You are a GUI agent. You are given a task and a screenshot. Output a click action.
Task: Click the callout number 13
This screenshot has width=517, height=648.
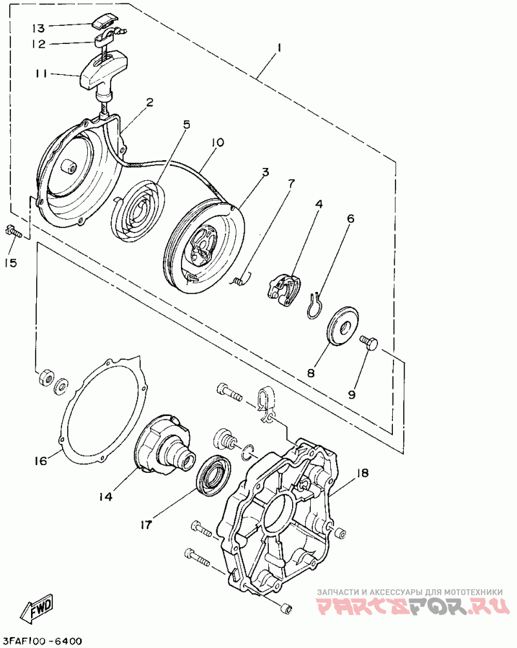click(x=39, y=28)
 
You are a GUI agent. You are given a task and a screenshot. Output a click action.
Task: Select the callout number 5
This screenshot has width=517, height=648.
click(x=186, y=125)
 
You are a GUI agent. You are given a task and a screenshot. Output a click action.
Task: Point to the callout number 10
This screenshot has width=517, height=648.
click(x=217, y=142)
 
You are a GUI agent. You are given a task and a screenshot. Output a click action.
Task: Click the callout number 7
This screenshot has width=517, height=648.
click(x=290, y=183)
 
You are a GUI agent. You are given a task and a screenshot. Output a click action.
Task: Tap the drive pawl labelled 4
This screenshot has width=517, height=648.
click(x=285, y=286)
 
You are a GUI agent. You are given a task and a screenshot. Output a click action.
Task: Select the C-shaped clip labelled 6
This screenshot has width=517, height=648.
click(x=313, y=306)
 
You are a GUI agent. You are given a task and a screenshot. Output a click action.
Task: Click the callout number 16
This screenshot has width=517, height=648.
click(x=41, y=461)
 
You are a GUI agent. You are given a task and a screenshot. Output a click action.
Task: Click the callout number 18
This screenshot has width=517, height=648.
click(x=362, y=474)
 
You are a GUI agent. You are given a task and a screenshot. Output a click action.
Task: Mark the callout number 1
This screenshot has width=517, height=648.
click(x=279, y=47)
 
